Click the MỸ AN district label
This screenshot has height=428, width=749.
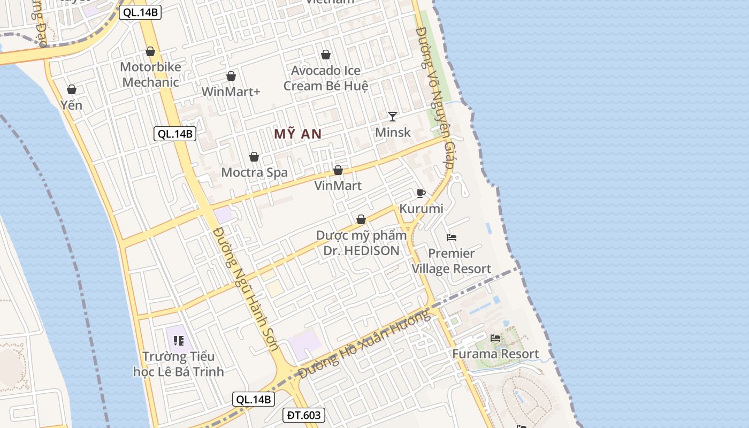297,134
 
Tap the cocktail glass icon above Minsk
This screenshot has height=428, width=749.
393,116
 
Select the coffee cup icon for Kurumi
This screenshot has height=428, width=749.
421,193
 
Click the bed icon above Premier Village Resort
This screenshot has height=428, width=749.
452,238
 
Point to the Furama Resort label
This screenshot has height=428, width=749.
495,354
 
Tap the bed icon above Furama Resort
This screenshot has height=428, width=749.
495,338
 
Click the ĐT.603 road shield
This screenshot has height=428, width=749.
303,415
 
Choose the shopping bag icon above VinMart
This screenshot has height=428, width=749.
338,171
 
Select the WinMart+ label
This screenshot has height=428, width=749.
231,91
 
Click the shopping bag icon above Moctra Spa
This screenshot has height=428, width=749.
254,157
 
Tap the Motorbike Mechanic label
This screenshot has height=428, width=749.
150,74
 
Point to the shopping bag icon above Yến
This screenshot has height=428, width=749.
71,89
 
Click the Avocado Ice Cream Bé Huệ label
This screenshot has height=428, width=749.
326,78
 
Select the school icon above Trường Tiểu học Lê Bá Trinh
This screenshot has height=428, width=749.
178,340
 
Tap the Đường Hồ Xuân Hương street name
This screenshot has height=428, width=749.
364,345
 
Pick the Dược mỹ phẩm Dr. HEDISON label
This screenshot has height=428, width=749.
361,243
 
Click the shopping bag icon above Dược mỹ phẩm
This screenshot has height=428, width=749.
361,219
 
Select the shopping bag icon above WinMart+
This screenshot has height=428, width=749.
231,77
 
